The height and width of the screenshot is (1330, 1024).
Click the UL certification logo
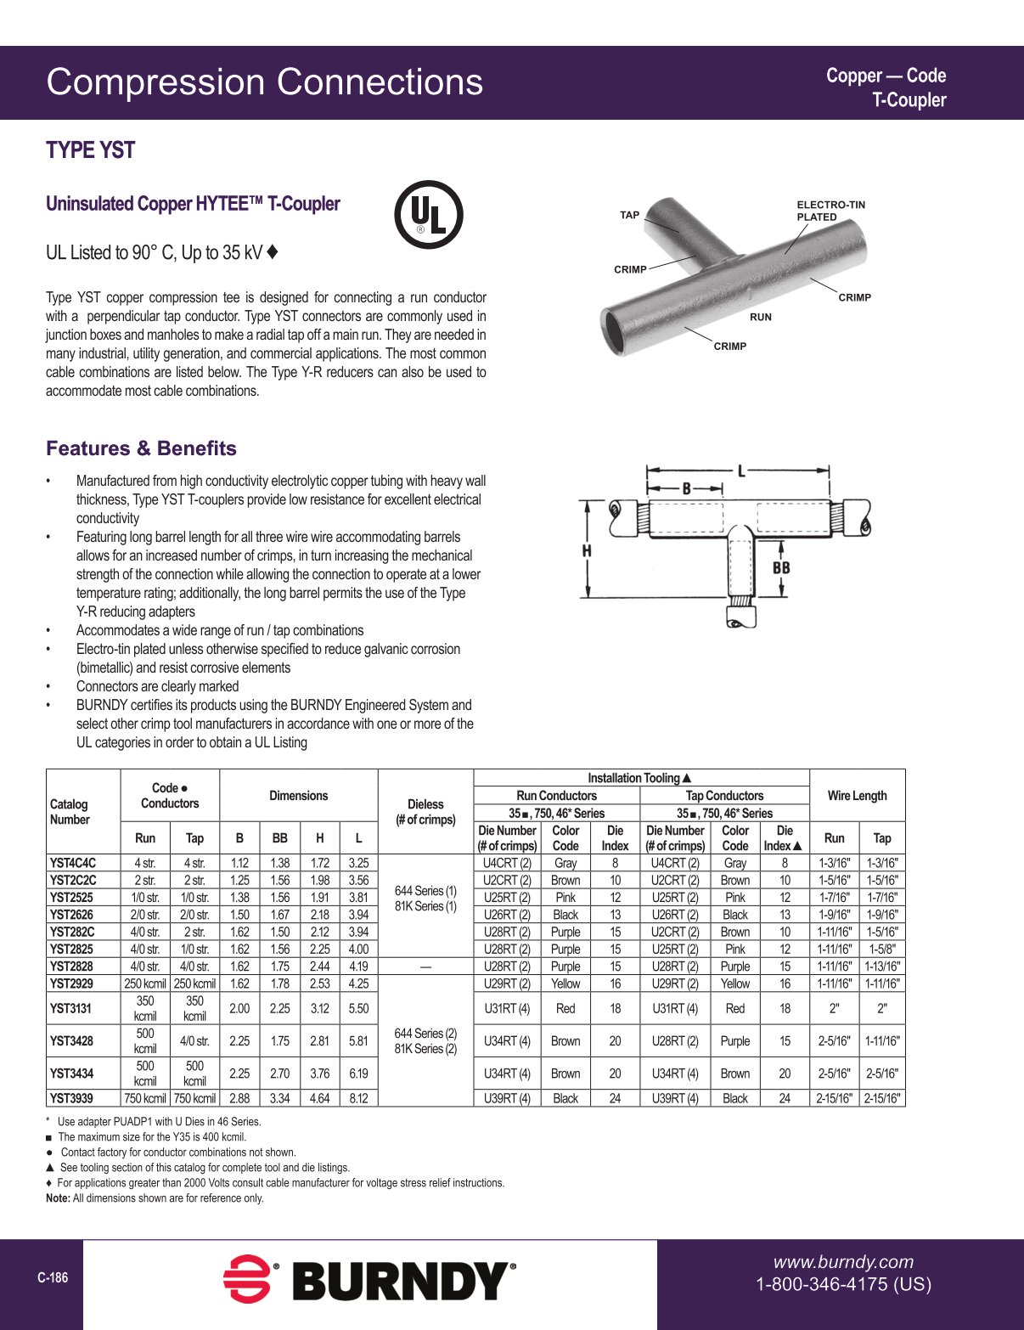(429, 214)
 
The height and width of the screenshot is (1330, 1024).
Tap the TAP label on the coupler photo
(629, 215)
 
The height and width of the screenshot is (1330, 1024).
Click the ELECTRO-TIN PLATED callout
(830, 211)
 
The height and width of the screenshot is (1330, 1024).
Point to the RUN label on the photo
(761, 317)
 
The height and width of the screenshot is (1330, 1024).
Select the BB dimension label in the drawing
(781, 567)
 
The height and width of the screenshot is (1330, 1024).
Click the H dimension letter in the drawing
(587, 550)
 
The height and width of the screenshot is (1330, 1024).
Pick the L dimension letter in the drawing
(741, 471)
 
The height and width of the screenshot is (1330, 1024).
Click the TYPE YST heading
(91, 150)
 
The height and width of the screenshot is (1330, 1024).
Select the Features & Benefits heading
(141, 448)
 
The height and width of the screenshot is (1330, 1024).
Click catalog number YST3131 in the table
(70, 1008)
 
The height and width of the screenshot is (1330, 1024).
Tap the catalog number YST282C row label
(72, 932)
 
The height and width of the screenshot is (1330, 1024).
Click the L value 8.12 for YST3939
(358, 1098)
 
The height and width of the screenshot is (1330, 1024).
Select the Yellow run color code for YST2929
(565, 983)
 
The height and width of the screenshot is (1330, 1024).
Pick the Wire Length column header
(857, 796)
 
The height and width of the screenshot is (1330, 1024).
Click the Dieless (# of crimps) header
(425, 812)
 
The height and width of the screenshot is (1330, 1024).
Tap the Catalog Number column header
(70, 812)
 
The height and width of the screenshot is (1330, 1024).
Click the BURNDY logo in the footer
(369, 1280)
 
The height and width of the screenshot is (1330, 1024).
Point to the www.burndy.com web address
(843, 1262)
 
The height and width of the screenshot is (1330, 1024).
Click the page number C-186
(53, 1277)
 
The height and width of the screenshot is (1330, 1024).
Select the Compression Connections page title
(264, 82)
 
